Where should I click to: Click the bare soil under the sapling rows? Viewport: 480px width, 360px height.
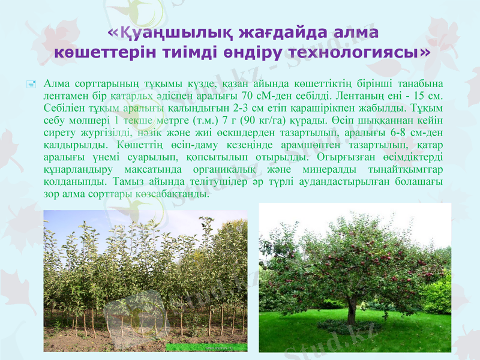click(x=144, y=341)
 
